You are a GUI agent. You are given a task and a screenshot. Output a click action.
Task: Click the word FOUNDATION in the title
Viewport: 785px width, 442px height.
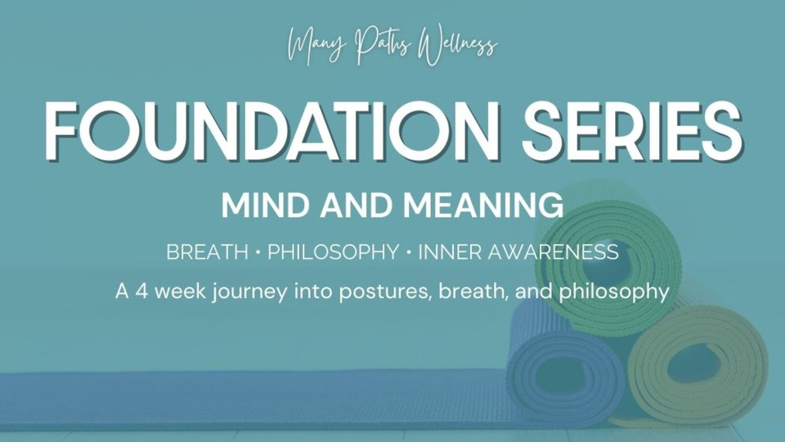click(x=272, y=130)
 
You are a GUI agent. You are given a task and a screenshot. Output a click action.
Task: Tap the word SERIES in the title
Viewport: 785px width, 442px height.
click(x=632, y=130)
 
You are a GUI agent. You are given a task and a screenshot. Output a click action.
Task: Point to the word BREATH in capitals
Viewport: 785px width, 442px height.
click(x=207, y=251)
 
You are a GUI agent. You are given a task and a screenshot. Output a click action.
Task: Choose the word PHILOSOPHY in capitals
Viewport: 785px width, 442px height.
click(x=334, y=251)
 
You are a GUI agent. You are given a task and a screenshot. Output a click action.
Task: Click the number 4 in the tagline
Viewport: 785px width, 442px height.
click(x=142, y=291)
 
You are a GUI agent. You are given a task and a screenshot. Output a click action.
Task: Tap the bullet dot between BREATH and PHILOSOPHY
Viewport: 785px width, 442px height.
click(x=258, y=252)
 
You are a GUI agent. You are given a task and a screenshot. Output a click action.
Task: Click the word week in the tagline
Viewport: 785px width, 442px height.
click(x=180, y=291)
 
